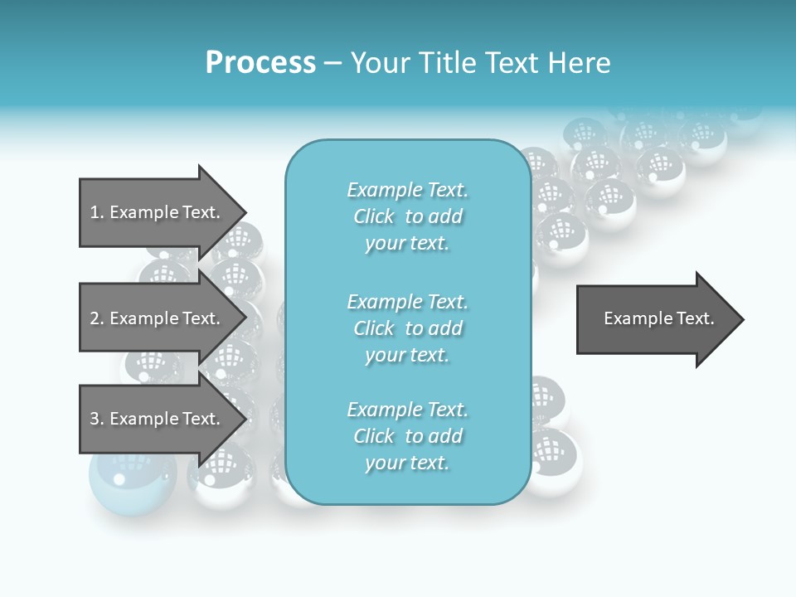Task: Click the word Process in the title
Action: [260, 63]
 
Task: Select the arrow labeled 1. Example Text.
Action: [158, 212]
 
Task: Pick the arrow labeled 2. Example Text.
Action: [158, 318]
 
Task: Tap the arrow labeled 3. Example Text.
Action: [158, 419]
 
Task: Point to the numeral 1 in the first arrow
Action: [95, 212]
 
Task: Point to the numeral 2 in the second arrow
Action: [95, 318]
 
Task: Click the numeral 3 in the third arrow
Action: [95, 419]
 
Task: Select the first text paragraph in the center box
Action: [407, 216]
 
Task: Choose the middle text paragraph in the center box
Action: [407, 328]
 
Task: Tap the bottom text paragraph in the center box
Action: [407, 436]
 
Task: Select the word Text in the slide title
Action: [512, 63]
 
